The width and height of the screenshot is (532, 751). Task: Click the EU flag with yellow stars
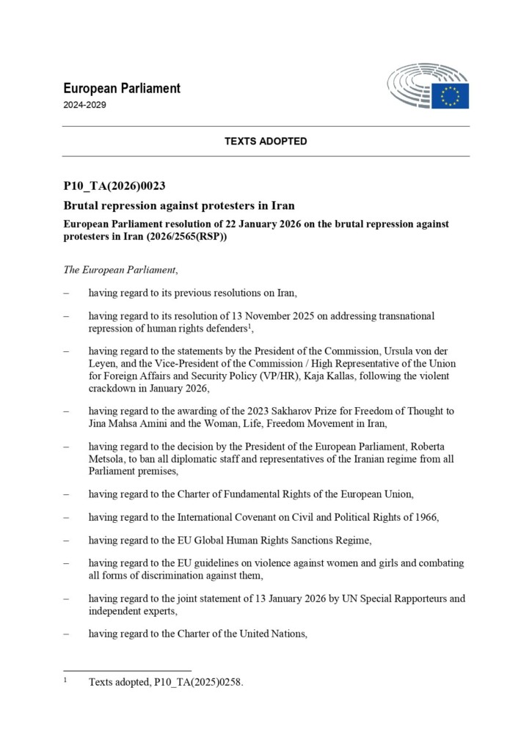pyautogui.click(x=450, y=96)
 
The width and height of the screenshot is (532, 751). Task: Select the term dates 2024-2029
pyautogui.click(x=85, y=105)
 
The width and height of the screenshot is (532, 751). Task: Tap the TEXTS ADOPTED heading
pyautogui.click(x=266, y=141)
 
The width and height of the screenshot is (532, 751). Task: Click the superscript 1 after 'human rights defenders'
pyautogui.click(x=249, y=325)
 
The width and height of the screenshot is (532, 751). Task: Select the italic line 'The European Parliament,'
pyautogui.click(x=121, y=269)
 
